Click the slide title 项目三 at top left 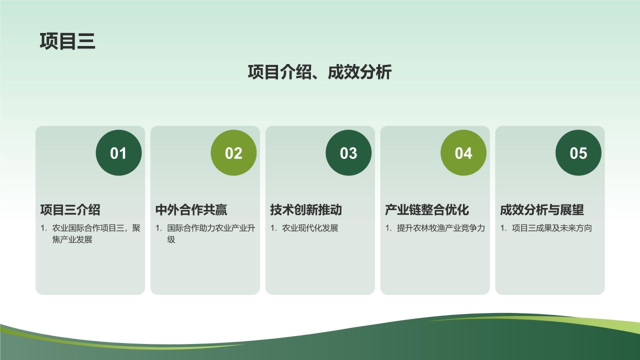[x=67, y=41]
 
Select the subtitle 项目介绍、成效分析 [x=319, y=72]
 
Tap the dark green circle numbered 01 [x=118, y=153]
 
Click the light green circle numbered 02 [x=233, y=153]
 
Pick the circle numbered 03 [x=348, y=153]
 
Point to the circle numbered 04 [x=463, y=153]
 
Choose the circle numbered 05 [x=578, y=153]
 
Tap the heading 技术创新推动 [x=306, y=210]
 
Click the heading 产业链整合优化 [x=427, y=210]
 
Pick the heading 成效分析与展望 [x=542, y=210]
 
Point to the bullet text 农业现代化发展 [x=310, y=228]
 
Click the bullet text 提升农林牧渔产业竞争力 [x=440, y=228]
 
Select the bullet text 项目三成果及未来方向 [x=551, y=228]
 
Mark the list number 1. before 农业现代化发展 [x=273, y=228]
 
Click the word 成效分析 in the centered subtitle [x=359, y=72]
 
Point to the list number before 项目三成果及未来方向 [x=503, y=228]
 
